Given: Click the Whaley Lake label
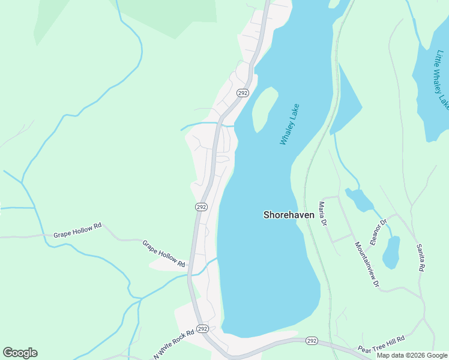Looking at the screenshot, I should point(289,124).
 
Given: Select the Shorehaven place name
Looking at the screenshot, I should point(289,214).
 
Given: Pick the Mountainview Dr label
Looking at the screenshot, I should point(367,264).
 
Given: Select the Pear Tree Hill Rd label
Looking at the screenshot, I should point(382,347).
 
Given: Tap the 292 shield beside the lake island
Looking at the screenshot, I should point(243,93).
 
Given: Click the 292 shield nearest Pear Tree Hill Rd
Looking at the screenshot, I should point(311,341).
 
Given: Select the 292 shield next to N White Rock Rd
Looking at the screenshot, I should point(202,329).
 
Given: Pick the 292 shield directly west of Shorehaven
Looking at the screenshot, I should point(201,206).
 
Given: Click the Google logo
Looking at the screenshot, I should point(20,353).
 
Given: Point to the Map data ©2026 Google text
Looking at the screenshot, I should point(412,355).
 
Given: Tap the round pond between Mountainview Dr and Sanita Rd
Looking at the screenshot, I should point(391,253).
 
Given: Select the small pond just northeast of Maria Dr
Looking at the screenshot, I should point(359,199).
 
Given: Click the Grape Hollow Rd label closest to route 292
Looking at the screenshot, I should point(163,253).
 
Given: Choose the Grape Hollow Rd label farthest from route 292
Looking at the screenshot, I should point(77,231).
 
